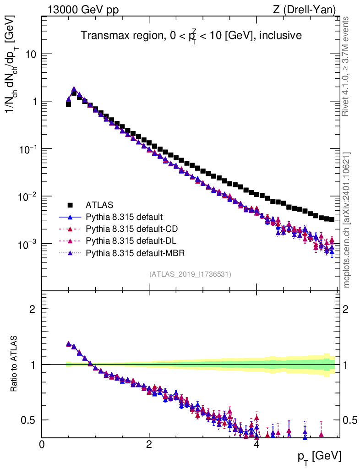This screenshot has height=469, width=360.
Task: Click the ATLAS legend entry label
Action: click(x=99, y=205)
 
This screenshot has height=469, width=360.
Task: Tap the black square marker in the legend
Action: click(x=70, y=205)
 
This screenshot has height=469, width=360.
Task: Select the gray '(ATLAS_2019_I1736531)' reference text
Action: click(x=190, y=274)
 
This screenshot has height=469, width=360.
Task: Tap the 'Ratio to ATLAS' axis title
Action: click(x=15, y=364)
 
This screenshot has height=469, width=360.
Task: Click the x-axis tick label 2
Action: click(x=149, y=444)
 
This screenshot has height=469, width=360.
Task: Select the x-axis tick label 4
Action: click(x=256, y=444)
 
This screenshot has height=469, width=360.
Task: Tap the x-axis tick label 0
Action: click(x=42, y=444)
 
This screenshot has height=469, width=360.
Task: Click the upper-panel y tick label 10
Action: click(x=30, y=54)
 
